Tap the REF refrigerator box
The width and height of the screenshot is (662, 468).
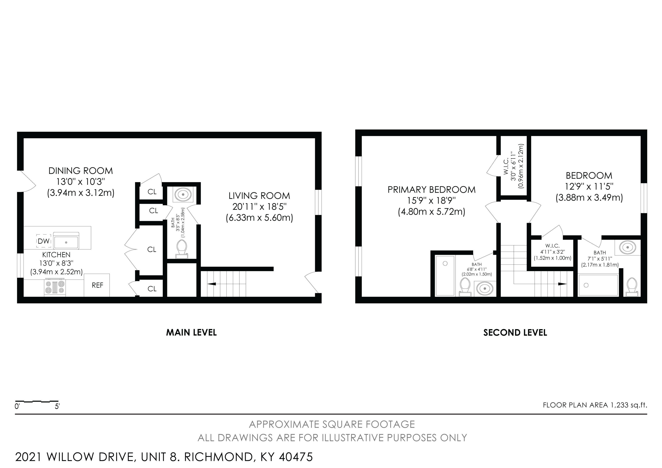(x=97, y=285)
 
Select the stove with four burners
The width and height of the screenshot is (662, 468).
(x=55, y=287)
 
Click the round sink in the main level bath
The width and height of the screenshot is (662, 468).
(x=183, y=195)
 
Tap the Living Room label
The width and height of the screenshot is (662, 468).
(x=259, y=196)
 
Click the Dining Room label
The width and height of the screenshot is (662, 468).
(x=81, y=171)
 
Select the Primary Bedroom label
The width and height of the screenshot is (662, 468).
(x=431, y=189)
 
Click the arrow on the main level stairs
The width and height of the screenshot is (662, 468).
(x=212, y=284)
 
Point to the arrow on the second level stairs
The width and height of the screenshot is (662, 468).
(x=562, y=284)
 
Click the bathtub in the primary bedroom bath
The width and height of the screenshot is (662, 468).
(x=445, y=275)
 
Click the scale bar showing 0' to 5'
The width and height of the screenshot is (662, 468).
(x=37, y=401)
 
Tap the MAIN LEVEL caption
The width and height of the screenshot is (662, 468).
(x=191, y=332)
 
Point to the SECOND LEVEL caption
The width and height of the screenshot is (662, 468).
(x=515, y=332)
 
